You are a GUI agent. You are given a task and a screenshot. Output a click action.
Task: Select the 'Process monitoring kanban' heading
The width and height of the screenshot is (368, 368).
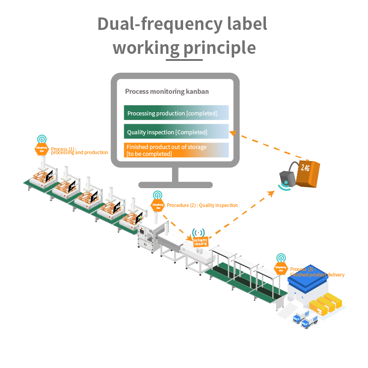coord(167,92)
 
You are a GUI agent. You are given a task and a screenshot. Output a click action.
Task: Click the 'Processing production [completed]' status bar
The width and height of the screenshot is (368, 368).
coord(176,113)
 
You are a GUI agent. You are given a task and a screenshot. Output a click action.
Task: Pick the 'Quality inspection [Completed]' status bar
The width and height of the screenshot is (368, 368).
coord(176,132)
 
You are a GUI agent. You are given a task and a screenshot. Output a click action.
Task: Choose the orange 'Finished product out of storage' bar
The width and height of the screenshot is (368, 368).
coord(176,150)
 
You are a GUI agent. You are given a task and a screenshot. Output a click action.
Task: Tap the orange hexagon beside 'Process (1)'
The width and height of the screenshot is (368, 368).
coord(41,149)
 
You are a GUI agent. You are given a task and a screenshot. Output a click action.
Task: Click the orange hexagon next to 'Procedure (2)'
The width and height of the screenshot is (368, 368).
coord(157,206)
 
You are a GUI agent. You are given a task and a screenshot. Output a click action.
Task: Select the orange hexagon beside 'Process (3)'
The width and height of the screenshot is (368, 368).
coord(281,268)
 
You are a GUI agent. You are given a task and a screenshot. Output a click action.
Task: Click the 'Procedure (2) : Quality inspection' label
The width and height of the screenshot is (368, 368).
coord(202,205)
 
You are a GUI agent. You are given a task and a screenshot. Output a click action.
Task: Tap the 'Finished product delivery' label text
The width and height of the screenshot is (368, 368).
coord(317,275)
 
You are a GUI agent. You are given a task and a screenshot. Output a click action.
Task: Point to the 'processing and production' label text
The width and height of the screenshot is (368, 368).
coord(80,152)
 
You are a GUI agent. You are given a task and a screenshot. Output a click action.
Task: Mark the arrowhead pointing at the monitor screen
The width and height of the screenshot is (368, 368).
coord(233,133)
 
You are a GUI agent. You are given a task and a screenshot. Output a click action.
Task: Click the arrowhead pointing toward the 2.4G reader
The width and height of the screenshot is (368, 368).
coord(270,194)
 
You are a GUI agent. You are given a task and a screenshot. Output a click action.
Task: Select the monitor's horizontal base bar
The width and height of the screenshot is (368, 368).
coord(175,185)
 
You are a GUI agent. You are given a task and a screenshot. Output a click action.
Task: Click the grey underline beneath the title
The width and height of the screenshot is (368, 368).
coord(184,59)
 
